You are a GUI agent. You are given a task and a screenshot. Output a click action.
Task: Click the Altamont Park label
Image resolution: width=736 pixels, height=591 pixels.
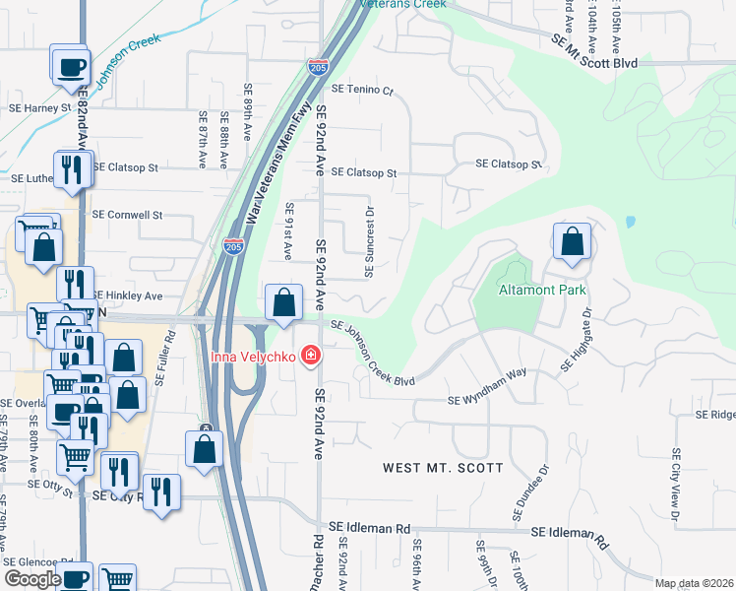(542, 290)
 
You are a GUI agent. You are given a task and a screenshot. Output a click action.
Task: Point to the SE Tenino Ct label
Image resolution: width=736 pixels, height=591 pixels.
(362, 89)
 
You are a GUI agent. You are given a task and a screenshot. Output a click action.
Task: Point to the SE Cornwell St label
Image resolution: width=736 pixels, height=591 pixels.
(126, 214)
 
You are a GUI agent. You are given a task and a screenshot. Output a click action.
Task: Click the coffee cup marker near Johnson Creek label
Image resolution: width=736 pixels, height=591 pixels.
(70, 67)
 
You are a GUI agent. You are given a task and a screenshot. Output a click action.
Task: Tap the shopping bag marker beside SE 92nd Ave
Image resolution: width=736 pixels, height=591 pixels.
(283, 301)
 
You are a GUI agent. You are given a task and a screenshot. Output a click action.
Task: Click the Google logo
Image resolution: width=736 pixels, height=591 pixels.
(33, 579)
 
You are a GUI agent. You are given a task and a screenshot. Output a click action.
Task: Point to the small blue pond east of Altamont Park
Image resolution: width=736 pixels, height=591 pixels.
(630, 222)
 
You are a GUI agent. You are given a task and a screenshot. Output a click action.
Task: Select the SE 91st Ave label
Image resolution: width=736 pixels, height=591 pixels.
(288, 232)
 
